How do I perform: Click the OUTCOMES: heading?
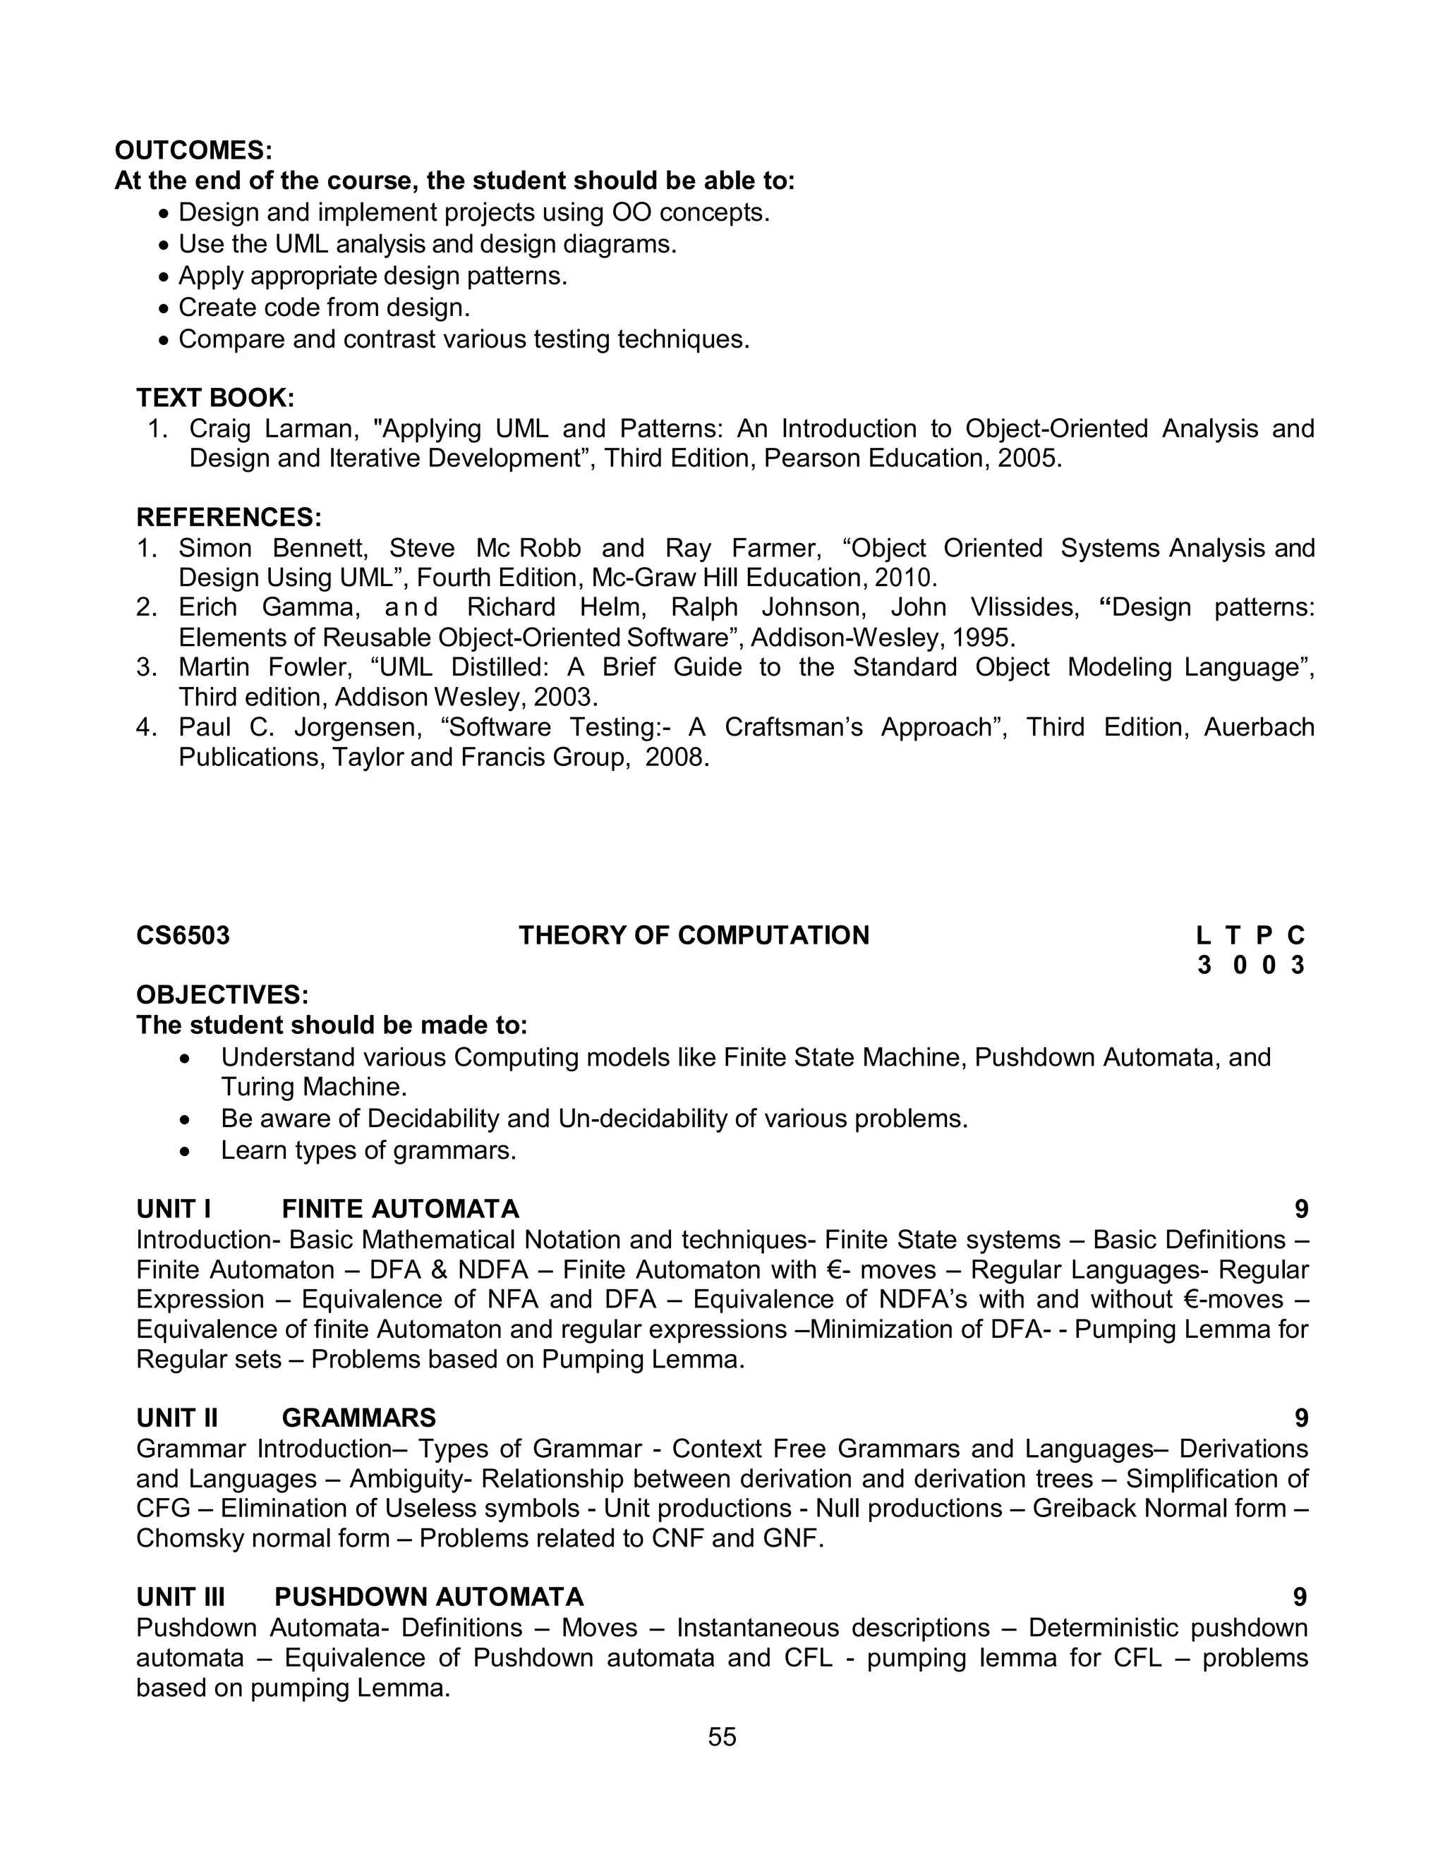click(x=193, y=151)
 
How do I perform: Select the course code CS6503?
click(x=182, y=935)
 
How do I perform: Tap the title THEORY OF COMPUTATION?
click(x=694, y=935)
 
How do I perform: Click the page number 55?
click(x=722, y=1736)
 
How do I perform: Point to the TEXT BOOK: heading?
click(x=215, y=398)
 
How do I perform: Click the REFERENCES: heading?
click(x=229, y=518)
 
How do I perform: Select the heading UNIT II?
click(x=177, y=1418)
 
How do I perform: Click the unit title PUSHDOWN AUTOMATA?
click(x=429, y=1597)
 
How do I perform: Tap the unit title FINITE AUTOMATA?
click(x=401, y=1209)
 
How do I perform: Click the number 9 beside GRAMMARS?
click(x=1301, y=1418)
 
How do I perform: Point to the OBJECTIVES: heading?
click(x=222, y=995)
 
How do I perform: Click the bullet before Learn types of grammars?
click(x=185, y=1152)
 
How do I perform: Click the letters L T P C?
click(x=1251, y=935)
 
